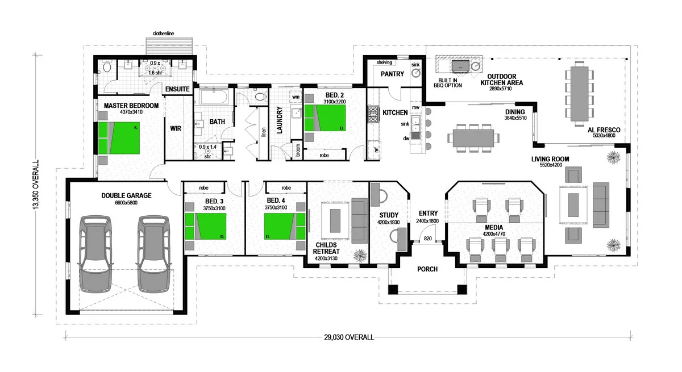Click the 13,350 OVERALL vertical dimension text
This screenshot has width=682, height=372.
tap(37, 185)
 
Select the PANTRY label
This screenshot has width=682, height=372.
tap(392, 74)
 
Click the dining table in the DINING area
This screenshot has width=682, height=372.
tap(473, 137)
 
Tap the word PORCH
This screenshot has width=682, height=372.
tap(427, 269)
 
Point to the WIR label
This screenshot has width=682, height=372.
tap(176, 128)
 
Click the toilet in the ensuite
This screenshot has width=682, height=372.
tap(107, 68)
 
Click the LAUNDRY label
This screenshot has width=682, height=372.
tap(279, 120)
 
